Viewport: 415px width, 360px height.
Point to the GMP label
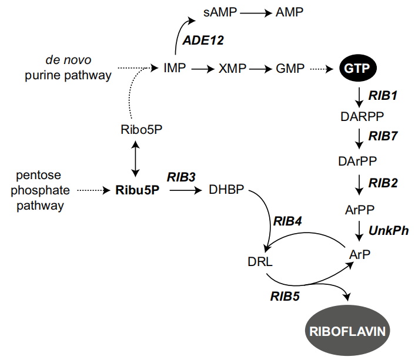coord(290,69)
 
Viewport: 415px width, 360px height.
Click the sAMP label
coord(217,13)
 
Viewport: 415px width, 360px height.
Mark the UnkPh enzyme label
coord(389,231)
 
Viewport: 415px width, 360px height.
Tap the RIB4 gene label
coord(287,221)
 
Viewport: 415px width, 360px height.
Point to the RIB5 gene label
coord(285,297)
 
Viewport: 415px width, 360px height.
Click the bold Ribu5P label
coord(136,190)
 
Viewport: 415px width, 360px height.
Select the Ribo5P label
coord(137,130)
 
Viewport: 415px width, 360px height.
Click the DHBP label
coord(226,190)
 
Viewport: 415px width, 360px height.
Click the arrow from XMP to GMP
coord(259,69)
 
